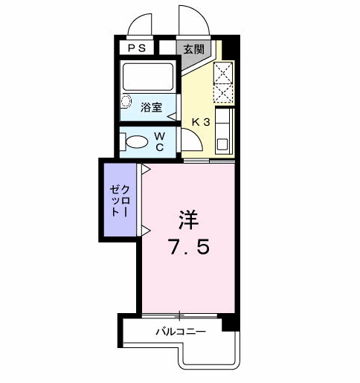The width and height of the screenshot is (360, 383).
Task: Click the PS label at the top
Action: click(137, 48)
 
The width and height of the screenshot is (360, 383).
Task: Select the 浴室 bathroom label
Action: click(151, 107)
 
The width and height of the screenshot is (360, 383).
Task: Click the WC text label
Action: click(160, 141)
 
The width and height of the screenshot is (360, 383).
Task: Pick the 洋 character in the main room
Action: click(187, 221)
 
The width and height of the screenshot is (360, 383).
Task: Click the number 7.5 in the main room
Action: click(187, 246)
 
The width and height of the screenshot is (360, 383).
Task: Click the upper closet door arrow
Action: click(146, 170)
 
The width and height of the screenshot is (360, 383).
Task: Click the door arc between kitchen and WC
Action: click(190, 141)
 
